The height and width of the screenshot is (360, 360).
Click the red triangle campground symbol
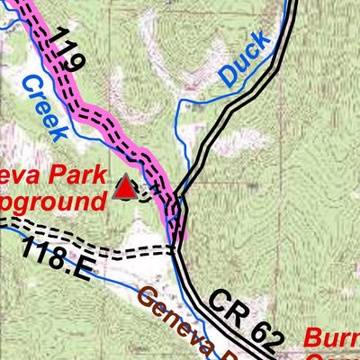[126, 186]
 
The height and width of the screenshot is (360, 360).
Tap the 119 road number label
[66, 49]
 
